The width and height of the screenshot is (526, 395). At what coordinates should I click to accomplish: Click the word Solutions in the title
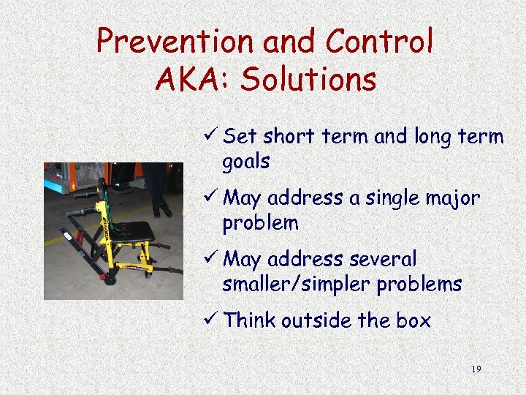(x=308, y=80)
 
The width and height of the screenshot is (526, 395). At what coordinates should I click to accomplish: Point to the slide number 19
(x=476, y=369)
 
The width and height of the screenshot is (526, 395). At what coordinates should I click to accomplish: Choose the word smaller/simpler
(x=297, y=284)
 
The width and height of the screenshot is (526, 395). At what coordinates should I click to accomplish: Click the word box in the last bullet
(x=414, y=320)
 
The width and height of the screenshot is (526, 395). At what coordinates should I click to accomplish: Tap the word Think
(x=248, y=320)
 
